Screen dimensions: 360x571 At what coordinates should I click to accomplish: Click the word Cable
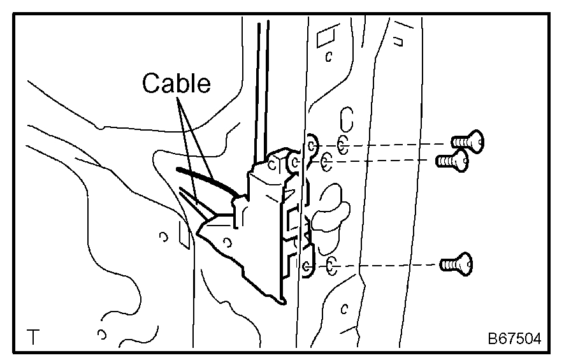[176, 83]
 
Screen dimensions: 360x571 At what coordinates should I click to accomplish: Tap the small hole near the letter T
[101, 333]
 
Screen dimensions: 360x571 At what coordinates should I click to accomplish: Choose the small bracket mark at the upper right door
[400, 42]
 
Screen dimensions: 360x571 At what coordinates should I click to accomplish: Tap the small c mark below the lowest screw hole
[343, 310]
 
